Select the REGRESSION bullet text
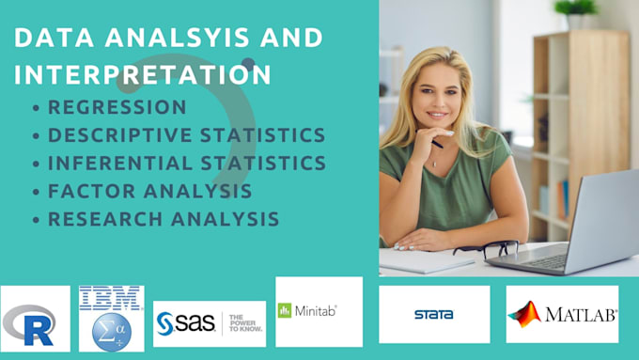click(117, 107)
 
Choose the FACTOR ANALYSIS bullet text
click(149, 191)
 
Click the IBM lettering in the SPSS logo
click(111, 298)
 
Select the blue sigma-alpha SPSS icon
click(111, 330)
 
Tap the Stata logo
click(433, 314)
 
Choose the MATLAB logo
click(562, 314)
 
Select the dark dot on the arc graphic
click(247, 64)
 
